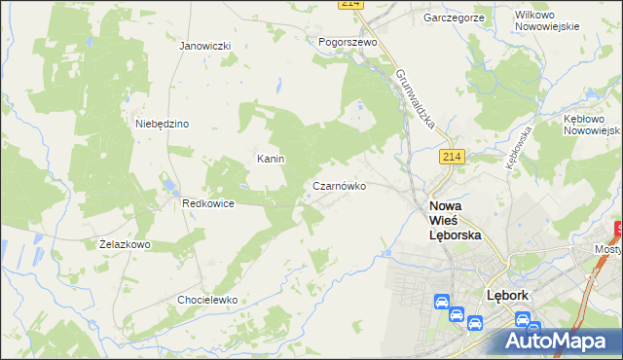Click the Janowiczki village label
204,46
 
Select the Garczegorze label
454,18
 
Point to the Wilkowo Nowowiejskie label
546,20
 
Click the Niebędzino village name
162,124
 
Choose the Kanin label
270,159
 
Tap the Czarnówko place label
339,185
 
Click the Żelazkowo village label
125,244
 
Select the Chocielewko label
207,300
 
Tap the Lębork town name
507,295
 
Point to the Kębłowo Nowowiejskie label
592,124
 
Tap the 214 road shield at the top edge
351,4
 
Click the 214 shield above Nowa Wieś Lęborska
450,158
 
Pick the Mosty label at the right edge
608,249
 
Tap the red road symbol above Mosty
618,232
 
